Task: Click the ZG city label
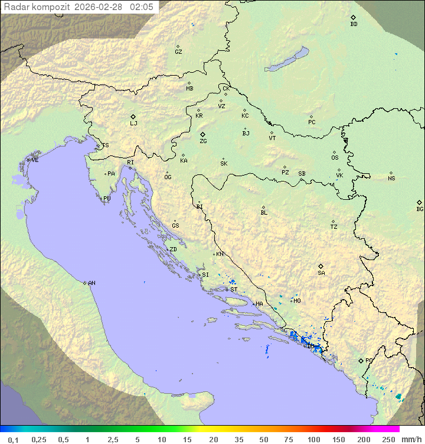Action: (x=203, y=141)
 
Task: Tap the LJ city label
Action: (x=133, y=124)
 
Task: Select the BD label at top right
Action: (x=354, y=24)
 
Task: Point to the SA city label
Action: (x=321, y=273)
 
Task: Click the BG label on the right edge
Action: (x=420, y=209)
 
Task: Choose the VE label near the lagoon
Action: (x=35, y=160)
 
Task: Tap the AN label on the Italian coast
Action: (x=91, y=283)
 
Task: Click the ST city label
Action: (x=234, y=290)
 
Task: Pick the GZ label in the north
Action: (x=178, y=52)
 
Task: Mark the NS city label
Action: (x=391, y=179)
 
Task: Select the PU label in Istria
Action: (x=107, y=199)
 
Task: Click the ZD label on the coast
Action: (x=173, y=249)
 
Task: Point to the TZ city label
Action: (x=334, y=227)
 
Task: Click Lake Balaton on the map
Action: (x=287, y=60)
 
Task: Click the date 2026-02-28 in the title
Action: (x=100, y=7)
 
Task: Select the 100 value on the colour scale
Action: (x=313, y=439)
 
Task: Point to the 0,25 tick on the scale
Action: (x=39, y=439)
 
